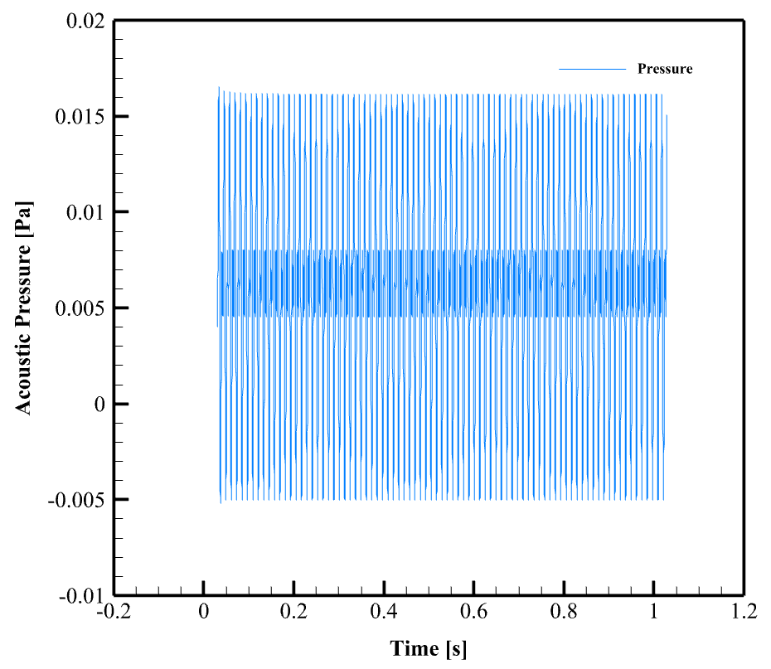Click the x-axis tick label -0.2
coord(113,615)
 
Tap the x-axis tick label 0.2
coord(293,615)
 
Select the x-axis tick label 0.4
coord(384,615)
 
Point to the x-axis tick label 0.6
coord(473,615)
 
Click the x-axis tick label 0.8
coord(564,615)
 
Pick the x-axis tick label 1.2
coord(744,615)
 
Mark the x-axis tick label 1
coord(654,615)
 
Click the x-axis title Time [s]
coord(429,648)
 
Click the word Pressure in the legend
coord(664,69)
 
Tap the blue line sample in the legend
coord(591,69)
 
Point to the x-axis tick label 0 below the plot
coord(203,615)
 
